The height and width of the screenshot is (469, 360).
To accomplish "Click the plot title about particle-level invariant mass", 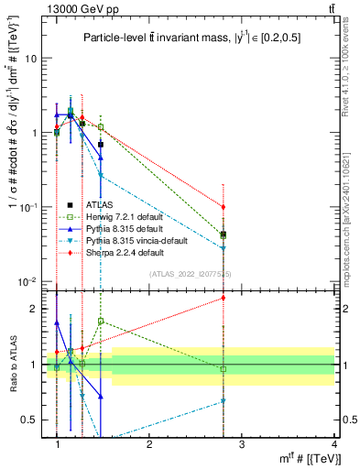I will tap(190, 38).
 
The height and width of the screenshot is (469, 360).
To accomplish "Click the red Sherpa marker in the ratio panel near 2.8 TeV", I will tap(223, 297).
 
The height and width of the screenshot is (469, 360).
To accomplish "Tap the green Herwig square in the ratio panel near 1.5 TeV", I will tap(101, 322).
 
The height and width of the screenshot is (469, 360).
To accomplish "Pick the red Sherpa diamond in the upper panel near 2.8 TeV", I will tap(223, 207).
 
